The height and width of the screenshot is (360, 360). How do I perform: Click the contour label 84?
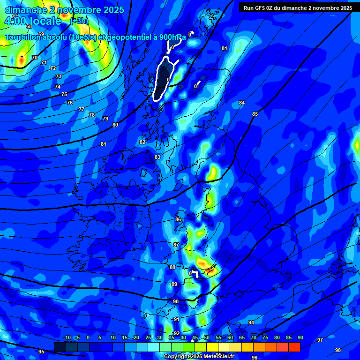(242, 103)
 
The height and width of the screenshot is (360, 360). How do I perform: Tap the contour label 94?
(251, 322)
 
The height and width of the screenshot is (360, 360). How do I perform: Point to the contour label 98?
(338, 350)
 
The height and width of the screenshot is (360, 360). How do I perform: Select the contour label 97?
(320, 340)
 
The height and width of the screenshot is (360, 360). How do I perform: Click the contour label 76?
(70, 103)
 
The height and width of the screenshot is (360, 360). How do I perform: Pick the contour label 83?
(157, 157)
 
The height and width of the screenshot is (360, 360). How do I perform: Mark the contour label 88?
(172, 267)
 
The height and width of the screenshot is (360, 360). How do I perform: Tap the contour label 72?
(52, 68)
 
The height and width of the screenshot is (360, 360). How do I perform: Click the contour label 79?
(105, 119)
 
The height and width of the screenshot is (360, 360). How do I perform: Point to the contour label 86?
(178, 219)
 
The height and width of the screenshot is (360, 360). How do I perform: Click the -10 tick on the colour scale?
(67, 337)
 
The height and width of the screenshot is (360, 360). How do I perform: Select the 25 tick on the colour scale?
(148, 337)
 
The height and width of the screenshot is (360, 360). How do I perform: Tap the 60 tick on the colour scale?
(230, 337)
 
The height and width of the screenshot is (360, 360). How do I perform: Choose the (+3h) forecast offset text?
(79, 21)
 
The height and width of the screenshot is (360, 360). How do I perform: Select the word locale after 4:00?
(45, 21)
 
